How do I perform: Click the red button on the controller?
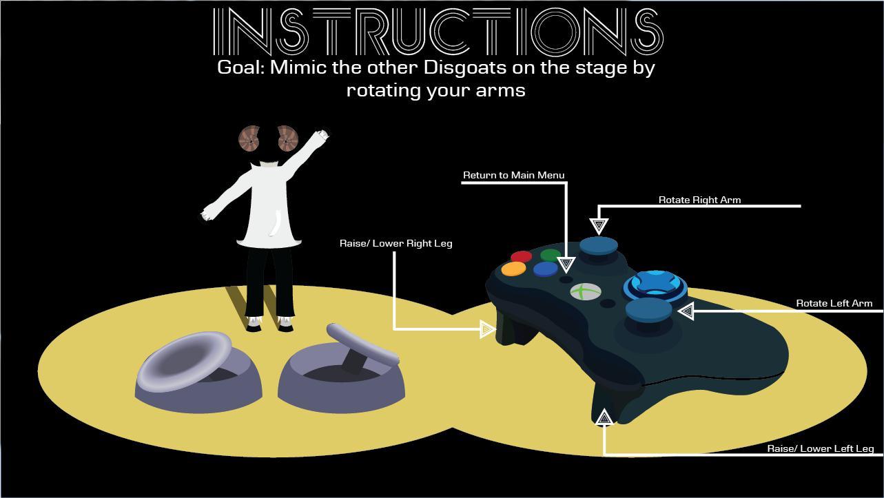coord(521,256)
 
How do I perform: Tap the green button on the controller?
coord(551,255)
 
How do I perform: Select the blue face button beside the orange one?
coord(546,269)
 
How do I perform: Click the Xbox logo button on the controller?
coord(586,292)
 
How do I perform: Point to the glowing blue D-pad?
coord(655,286)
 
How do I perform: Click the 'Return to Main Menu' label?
coord(513,175)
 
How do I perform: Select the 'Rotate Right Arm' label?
coord(699,200)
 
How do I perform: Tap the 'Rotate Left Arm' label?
coord(834,303)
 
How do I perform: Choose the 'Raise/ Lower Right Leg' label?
coord(395,243)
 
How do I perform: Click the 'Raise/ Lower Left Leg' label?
coord(820,448)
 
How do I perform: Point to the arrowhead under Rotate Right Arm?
coord(599,227)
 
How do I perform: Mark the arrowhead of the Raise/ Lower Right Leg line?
coord(487,329)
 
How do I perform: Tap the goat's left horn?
coord(249,138)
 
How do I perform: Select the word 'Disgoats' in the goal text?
coord(465,68)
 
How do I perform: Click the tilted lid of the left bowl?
coord(185,361)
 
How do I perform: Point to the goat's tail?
coord(277,223)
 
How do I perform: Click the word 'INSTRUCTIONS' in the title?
coord(438,32)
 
